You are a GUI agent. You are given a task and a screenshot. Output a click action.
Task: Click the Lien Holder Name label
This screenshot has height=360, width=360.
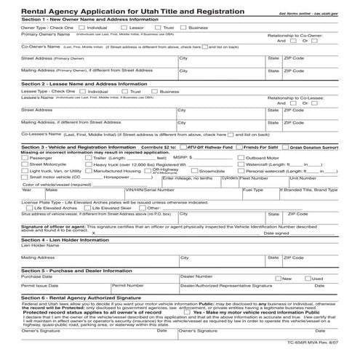[40, 244]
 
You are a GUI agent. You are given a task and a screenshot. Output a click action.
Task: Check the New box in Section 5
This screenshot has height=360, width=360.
[278, 278]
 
